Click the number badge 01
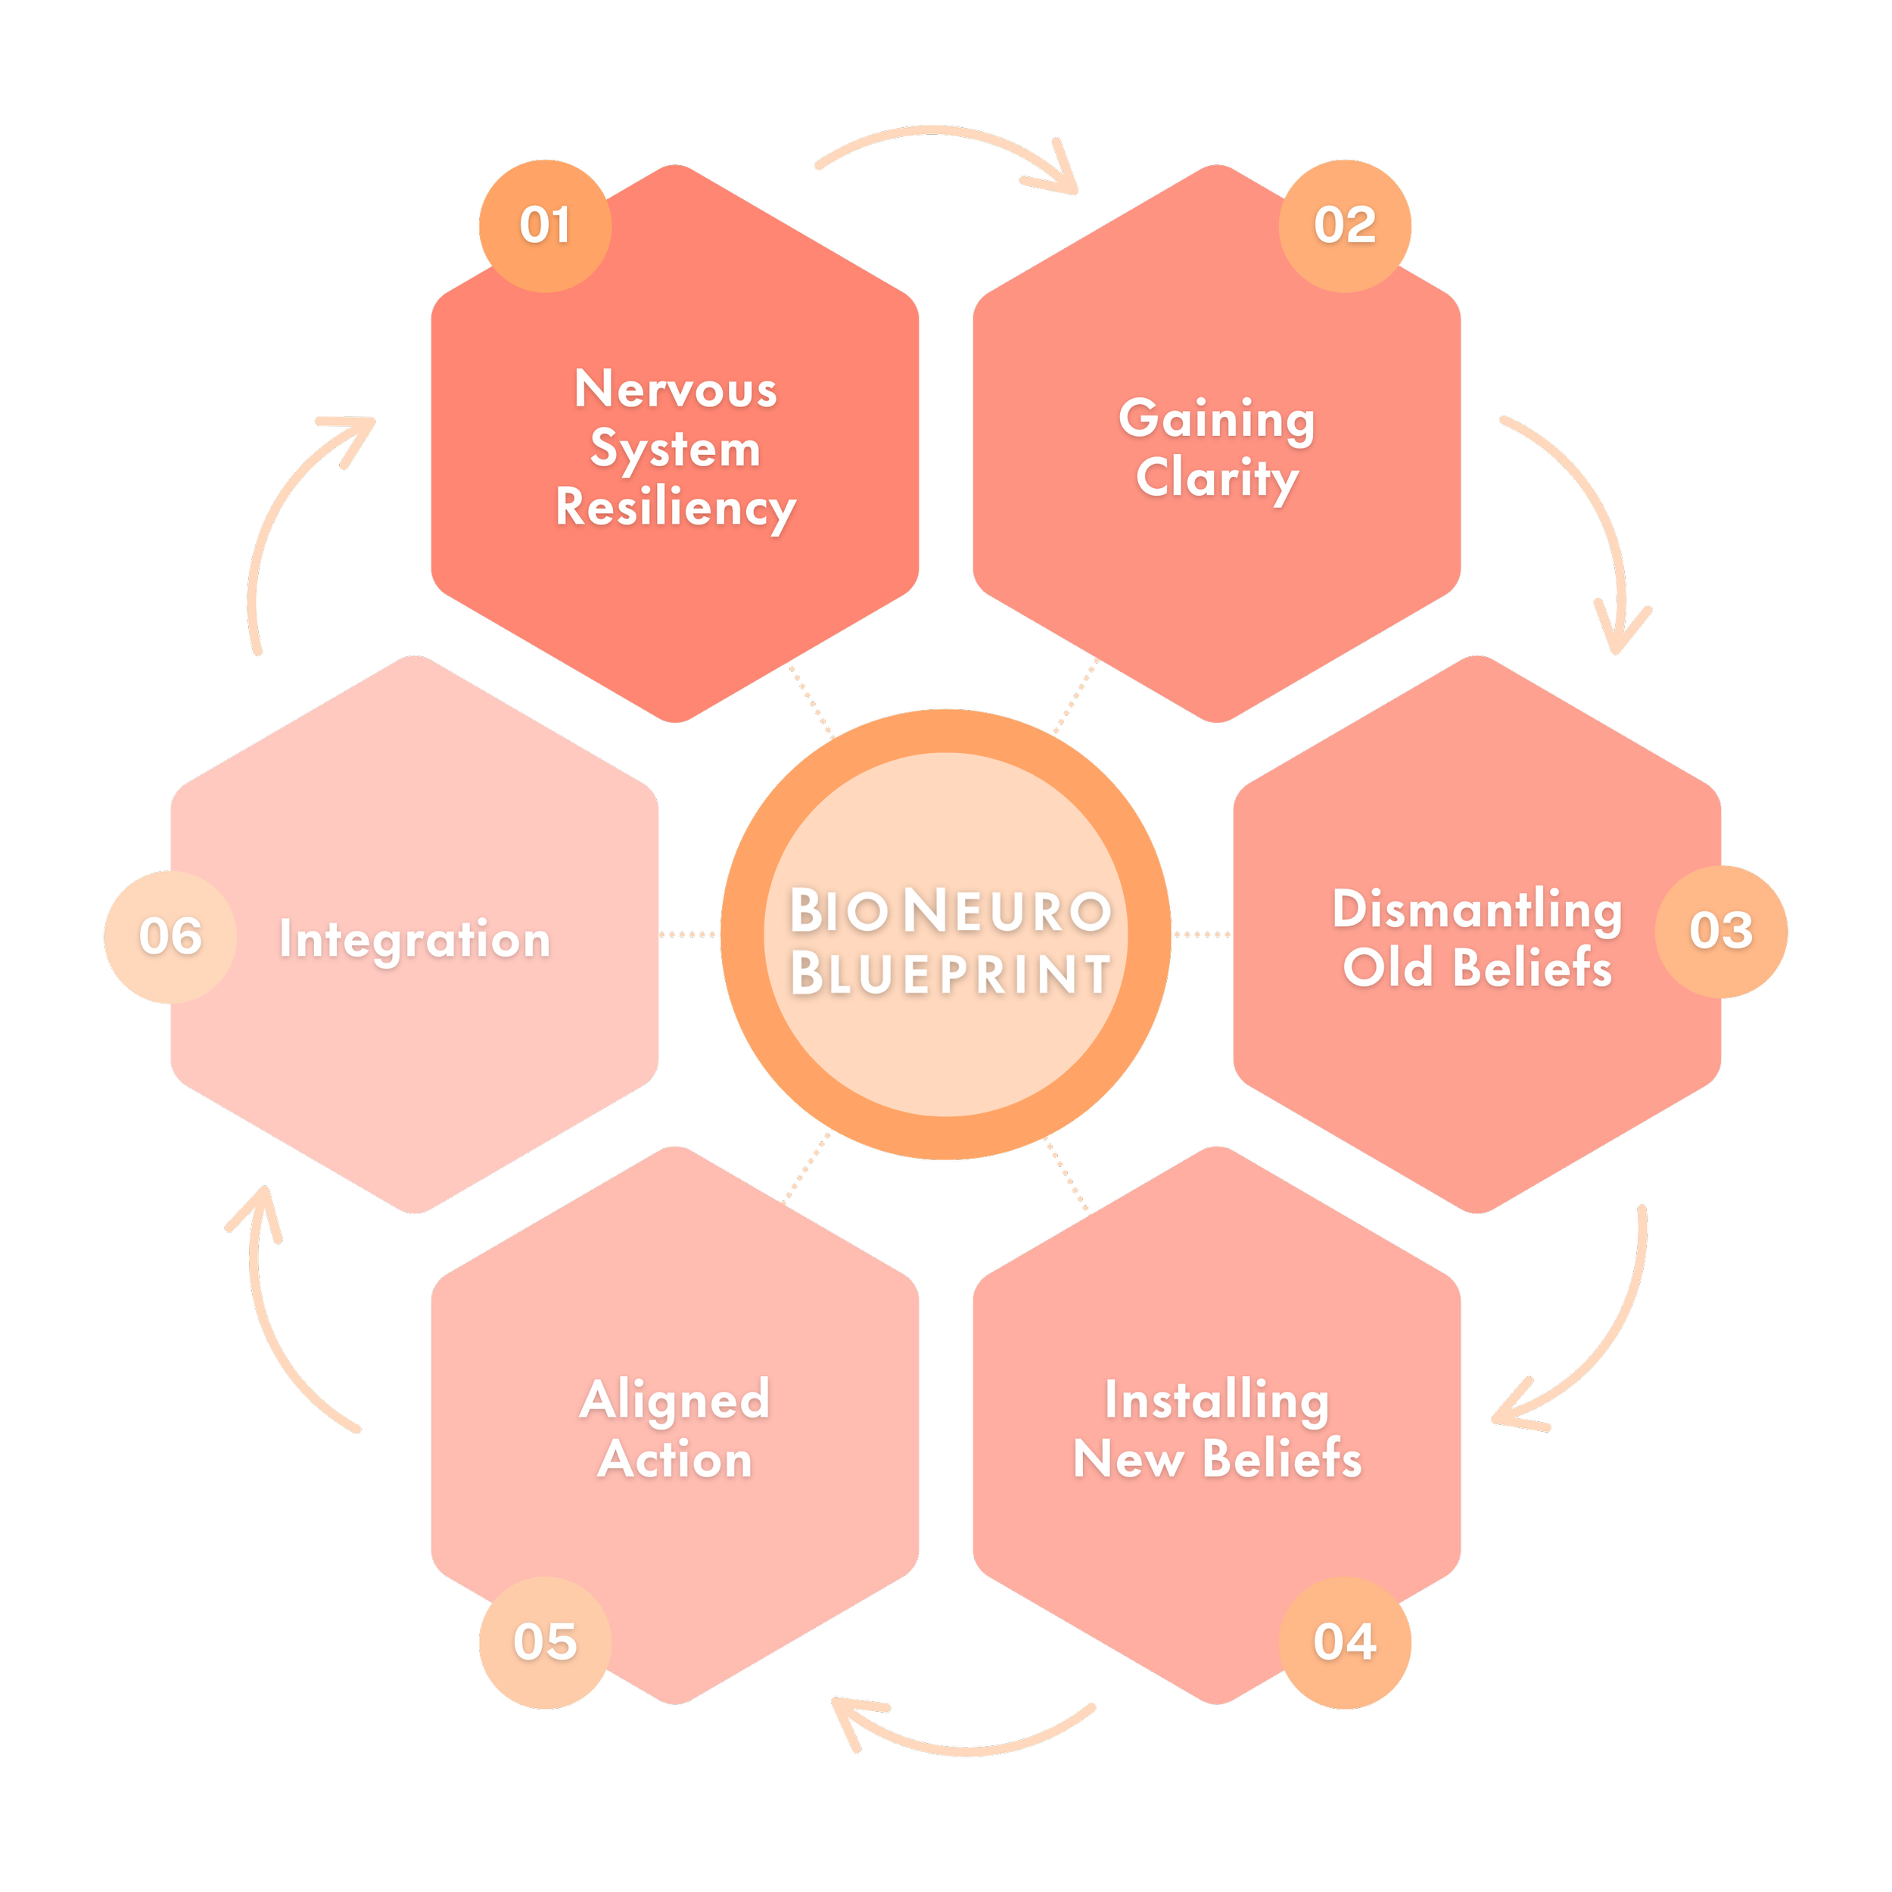coord(544,226)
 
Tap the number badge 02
coord(1345,226)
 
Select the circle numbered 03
coord(1721,932)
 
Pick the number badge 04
coord(1345,1642)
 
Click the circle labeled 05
coord(544,1642)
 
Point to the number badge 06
coord(170,936)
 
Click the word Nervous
coord(676,390)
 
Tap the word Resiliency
coord(676,509)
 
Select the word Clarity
coord(1217,479)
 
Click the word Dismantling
coord(1477,910)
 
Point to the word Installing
coord(1217,1400)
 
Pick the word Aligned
coord(676,1400)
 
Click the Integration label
coord(415,939)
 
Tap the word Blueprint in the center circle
coord(950,973)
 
